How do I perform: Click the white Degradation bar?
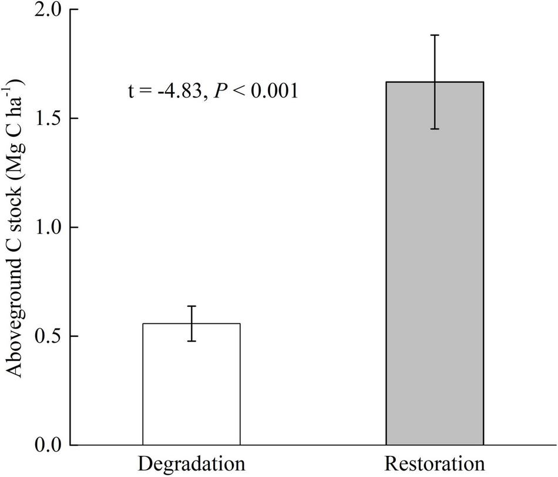pos(191,384)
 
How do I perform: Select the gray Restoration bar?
pos(435,264)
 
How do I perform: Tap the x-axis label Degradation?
pos(191,464)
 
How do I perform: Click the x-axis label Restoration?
pos(435,464)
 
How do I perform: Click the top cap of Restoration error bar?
pos(435,35)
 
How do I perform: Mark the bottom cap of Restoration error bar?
pos(435,128)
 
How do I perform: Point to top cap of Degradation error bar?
pos(191,306)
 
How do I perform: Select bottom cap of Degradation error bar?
pos(191,341)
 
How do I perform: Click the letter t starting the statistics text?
pos(132,92)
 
